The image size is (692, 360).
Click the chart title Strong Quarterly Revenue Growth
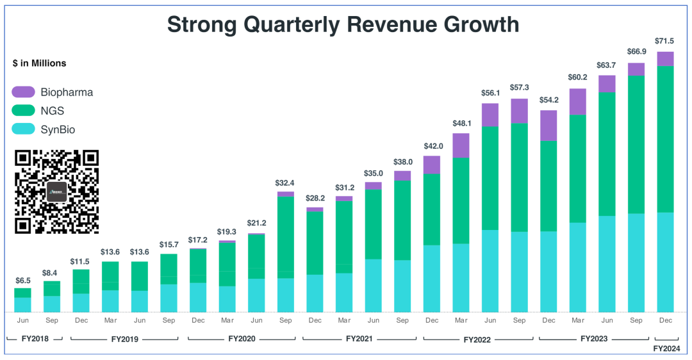(x=343, y=24)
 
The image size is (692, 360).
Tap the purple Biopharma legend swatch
(x=23, y=92)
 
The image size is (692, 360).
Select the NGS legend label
(x=52, y=111)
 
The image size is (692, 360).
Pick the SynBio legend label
(x=58, y=130)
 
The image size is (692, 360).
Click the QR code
(x=57, y=192)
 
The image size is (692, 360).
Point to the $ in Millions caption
(x=40, y=63)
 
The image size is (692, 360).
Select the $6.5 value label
(x=23, y=281)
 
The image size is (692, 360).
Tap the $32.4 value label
(x=286, y=183)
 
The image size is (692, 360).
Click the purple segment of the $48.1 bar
(x=461, y=145)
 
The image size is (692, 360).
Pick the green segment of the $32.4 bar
(x=286, y=237)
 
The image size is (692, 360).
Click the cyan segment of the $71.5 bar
(x=666, y=262)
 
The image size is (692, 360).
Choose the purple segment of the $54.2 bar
(x=548, y=126)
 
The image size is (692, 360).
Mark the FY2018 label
(x=35, y=338)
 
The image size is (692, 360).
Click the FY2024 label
(x=666, y=348)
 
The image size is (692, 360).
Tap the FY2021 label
(x=359, y=338)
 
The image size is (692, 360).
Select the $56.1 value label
(x=490, y=93)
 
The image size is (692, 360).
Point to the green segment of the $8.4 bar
(x=52, y=288)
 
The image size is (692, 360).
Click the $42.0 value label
(x=432, y=145)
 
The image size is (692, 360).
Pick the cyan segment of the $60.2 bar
(x=578, y=267)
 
